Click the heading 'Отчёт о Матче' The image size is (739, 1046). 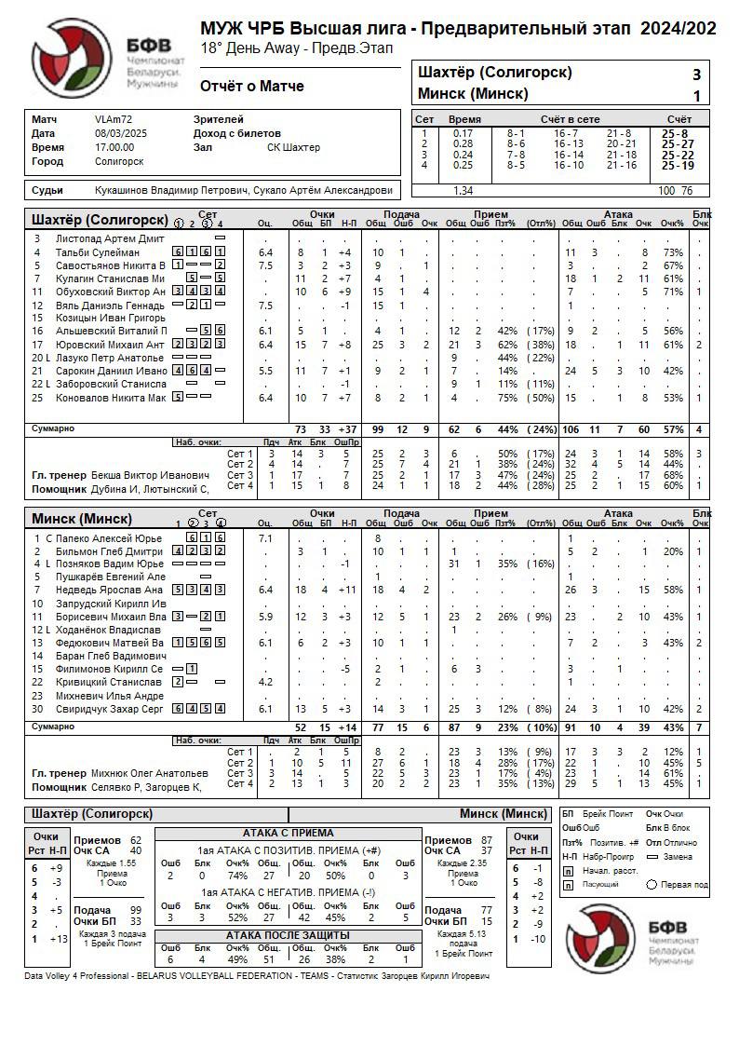[x=251, y=87]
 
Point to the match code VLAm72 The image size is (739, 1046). [x=114, y=119]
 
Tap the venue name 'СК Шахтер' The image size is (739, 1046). [x=293, y=147]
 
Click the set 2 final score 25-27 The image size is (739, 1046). [x=678, y=144]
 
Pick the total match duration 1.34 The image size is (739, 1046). [x=462, y=191]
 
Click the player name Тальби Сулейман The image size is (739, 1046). [x=99, y=252]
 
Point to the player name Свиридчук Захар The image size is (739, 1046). [x=98, y=710]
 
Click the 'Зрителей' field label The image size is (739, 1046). [x=219, y=119]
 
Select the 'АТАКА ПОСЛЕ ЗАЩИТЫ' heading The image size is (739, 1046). [x=288, y=935]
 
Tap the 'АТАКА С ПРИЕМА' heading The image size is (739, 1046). [x=288, y=833]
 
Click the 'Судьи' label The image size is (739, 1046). [x=47, y=191]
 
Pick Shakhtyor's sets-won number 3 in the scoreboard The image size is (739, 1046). [x=696, y=75]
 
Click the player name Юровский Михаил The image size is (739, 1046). [x=98, y=345]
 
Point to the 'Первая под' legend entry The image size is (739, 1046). [x=684, y=884]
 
